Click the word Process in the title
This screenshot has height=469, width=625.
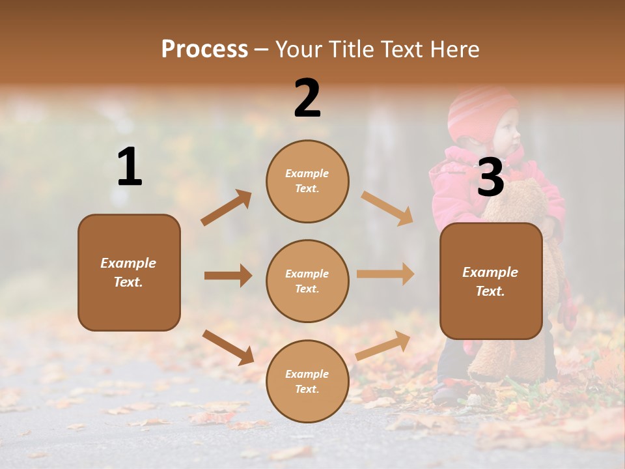pyautogui.click(x=204, y=50)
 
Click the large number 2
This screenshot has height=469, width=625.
pyautogui.click(x=307, y=98)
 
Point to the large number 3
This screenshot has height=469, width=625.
pyautogui.click(x=490, y=178)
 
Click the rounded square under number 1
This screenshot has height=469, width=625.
pyautogui.click(x=129, y=272)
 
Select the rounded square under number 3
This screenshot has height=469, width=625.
pyautogui.click(x=491, y=281)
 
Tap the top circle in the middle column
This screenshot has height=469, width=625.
pyautogui.click(x=307, y=181)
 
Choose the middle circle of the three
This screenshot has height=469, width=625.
pyautogui.click(x=307, y=281)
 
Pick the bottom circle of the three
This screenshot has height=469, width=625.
pyautogui.click(x=307, y=381)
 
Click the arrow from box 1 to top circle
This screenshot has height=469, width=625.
pyautogui.click(x=226, y=208)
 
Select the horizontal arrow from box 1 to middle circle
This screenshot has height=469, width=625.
pyautogui.click(x=228, y=276)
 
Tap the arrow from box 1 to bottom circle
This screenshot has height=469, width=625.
pyautogui.click(x=228, y=347)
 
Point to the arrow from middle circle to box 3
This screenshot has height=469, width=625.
pyautogui.click(x=385, y=274)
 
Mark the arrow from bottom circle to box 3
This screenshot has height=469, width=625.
pyautogui.click(x=383, y=345)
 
